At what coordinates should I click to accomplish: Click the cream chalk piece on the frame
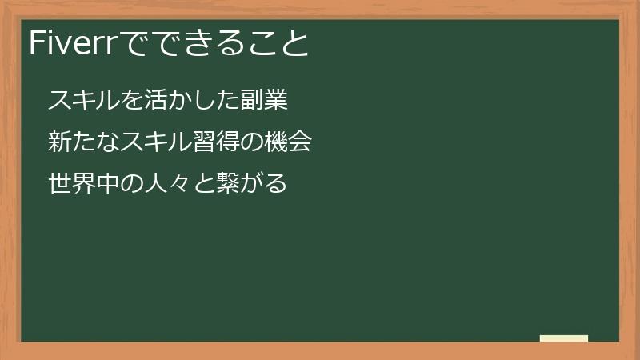(564, 338)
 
